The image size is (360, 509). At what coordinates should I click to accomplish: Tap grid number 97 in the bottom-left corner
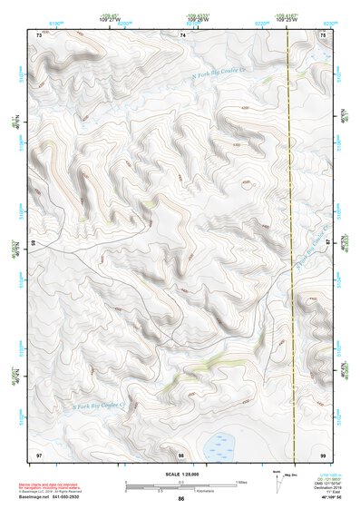pos(38,454)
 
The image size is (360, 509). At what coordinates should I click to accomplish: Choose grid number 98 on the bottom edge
pos(181,454)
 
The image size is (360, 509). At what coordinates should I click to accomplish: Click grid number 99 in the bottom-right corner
pos(325,454)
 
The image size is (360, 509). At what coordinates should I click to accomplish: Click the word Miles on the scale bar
pos(242,481)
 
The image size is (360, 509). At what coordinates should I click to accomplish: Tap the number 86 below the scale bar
pos(181,500)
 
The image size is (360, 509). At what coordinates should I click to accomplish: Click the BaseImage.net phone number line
pos(56,497)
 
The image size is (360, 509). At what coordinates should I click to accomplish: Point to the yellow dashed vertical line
pos(288,227)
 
